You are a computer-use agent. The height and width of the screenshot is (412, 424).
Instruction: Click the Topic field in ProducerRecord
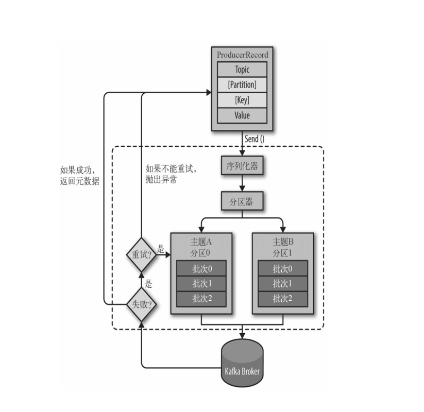(242, 69)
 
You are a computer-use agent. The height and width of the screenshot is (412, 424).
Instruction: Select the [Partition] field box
(242, 84)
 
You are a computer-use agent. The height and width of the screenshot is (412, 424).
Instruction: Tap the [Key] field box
(242, 100)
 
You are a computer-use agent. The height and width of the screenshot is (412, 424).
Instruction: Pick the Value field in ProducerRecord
(242, 115)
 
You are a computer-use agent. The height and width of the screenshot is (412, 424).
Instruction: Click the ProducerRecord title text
(242, 55)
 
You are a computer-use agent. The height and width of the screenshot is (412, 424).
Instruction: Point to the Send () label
(255, 139)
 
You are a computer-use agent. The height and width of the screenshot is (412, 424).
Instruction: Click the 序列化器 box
(242, 165)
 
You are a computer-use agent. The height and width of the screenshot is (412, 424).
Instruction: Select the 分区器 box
(242, 201)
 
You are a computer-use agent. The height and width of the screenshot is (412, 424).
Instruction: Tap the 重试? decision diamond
(142, 254)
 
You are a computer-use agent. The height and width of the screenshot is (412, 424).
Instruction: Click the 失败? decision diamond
(142, 305)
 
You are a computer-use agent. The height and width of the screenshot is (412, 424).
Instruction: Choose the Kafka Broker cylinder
(242, 363)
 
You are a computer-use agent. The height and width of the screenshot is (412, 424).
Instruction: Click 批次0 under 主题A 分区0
(201, 268)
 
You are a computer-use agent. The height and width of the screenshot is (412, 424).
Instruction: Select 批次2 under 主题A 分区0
(201, 299)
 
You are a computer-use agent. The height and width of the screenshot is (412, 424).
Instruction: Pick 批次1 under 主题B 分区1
(283, 284)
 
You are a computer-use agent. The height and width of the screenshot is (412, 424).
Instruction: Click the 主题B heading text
(283, 242)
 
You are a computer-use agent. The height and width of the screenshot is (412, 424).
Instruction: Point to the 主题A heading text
(201, 242)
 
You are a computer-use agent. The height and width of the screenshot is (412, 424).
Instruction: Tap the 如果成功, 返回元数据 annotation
(79, 176)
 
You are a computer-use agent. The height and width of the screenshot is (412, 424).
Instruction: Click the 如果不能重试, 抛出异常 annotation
(171, 174)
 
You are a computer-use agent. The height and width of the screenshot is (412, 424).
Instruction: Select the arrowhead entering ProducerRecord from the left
(209, 93)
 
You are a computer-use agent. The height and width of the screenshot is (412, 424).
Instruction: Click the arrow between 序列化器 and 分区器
(242, 183)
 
